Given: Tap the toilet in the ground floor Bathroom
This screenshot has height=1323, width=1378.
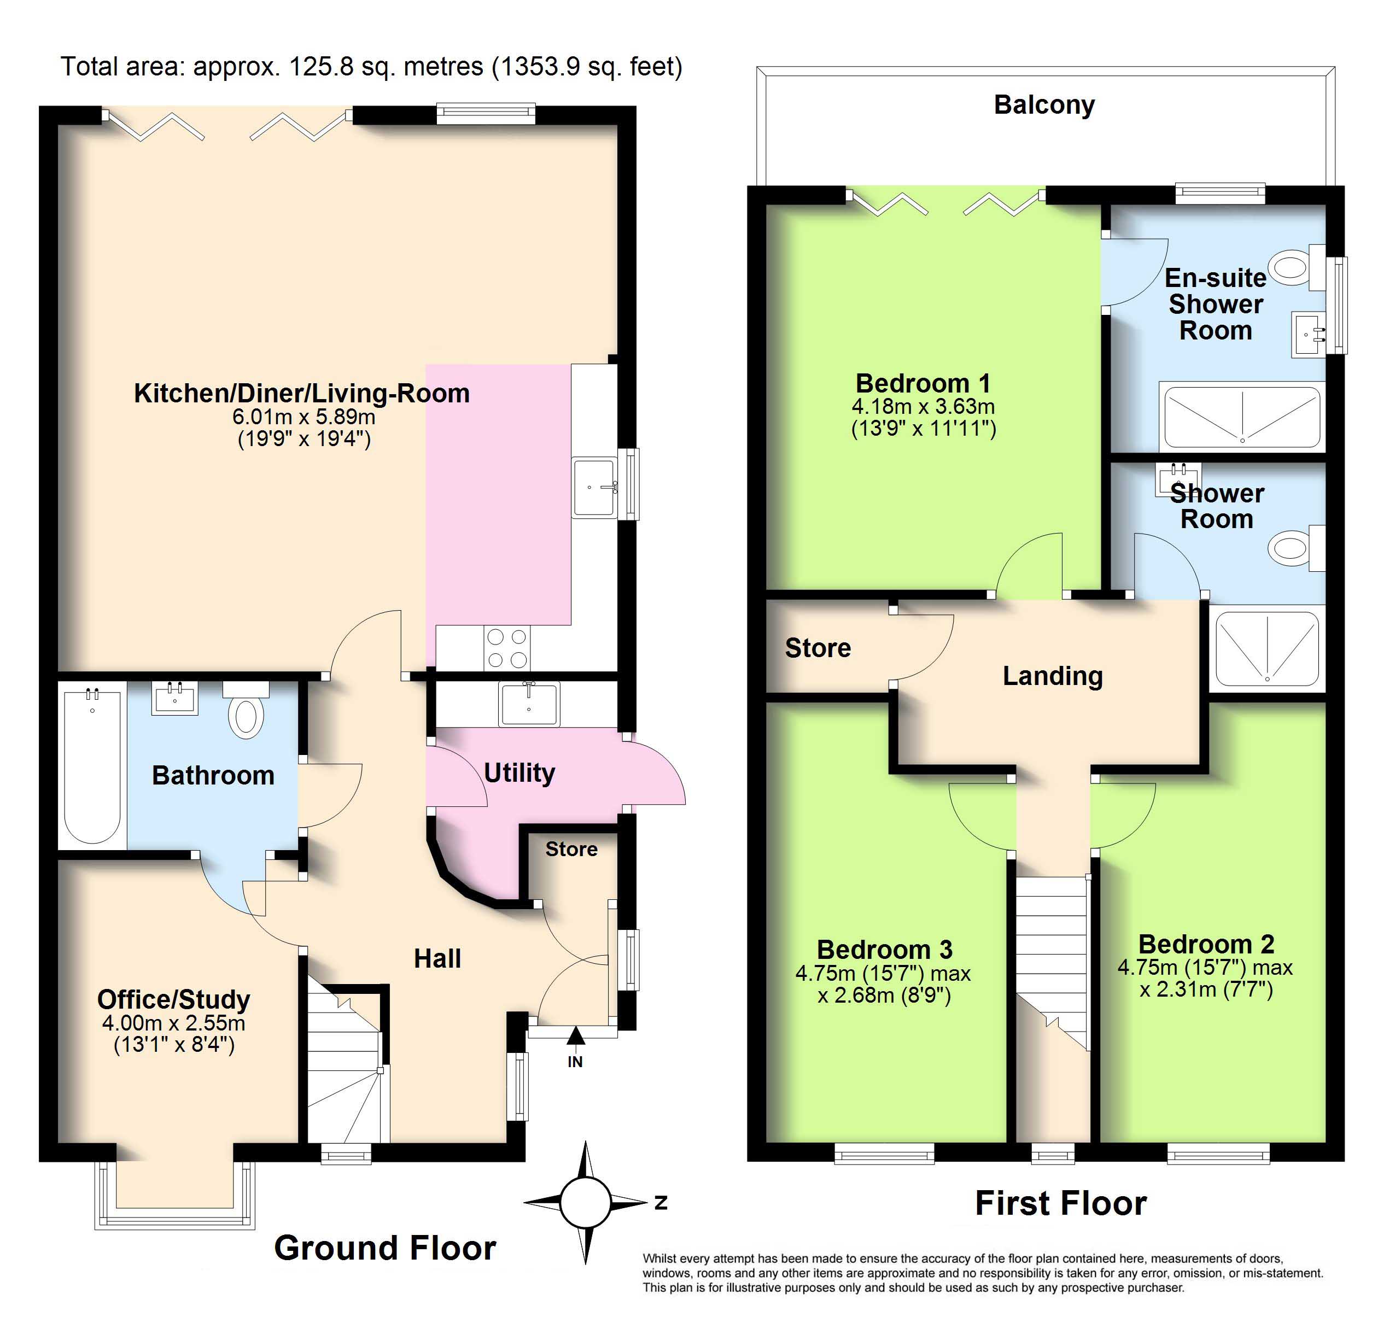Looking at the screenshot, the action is (x=246, y=709).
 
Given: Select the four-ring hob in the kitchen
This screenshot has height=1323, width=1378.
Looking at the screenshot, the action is (x=507, y=648).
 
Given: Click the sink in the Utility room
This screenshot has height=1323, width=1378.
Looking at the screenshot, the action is (x=529, y=704).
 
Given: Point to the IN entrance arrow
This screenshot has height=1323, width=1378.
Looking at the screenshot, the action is (x=575, y=1036).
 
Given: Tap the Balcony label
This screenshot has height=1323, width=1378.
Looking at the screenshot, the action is (x=1044, y=105).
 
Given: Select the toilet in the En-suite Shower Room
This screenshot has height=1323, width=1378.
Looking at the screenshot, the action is (x=1298, y=267).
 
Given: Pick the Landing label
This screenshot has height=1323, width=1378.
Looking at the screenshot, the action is (x=1053, y=676).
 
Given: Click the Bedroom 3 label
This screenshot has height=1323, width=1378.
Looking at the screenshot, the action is (x=884, y=950).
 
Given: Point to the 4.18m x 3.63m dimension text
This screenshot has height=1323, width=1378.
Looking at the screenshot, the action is (x=923, y=406).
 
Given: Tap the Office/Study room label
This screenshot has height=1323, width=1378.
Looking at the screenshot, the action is (x=174, y=1000).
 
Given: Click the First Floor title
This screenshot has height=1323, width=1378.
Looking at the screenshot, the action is (x=1061, y=1203).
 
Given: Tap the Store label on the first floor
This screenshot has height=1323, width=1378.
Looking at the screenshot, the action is (x=818, y=648).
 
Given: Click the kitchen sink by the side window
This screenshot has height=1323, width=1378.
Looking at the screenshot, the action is (x=594, y=487).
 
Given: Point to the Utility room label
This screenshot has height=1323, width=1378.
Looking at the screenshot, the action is (x=519, y=773).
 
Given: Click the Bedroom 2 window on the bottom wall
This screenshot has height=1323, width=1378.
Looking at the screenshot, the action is (x=1218, y=1154).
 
